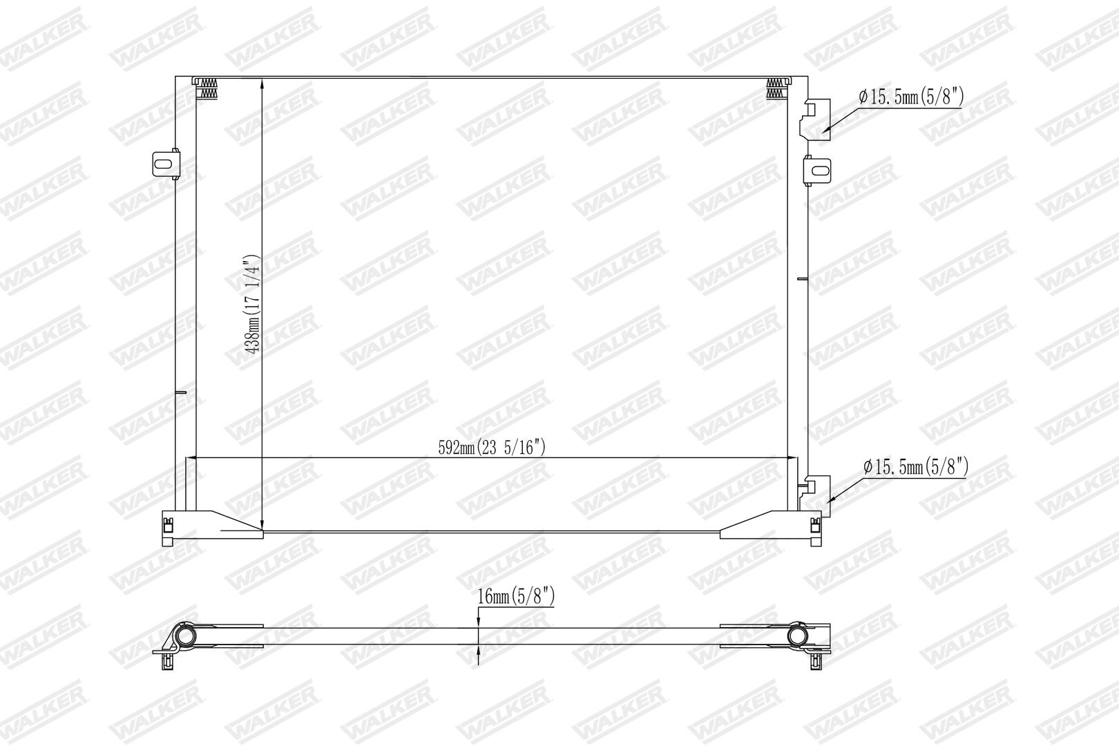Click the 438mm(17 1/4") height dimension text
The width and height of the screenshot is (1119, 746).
[253, 305]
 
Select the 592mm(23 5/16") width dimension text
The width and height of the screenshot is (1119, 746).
[492, 447]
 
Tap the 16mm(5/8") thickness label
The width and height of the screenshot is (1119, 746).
[516, 596]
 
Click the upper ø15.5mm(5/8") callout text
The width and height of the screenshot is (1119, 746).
[911, 97]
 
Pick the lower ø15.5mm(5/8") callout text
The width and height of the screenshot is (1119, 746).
[916, 467]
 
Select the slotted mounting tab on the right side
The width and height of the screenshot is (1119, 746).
[816, 171]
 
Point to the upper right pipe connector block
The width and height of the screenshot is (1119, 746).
[815, 119]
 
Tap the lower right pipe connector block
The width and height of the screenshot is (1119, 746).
[815, 496]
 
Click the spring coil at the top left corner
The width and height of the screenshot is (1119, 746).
[208, 88]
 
